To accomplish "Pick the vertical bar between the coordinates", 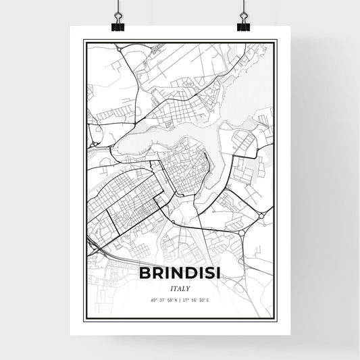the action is pyautogui.click(x=180, y=299).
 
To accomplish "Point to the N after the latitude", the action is pyautogui.click(x=175, y=299).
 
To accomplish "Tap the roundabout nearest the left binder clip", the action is pyautogui.click(x=119, y=49).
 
